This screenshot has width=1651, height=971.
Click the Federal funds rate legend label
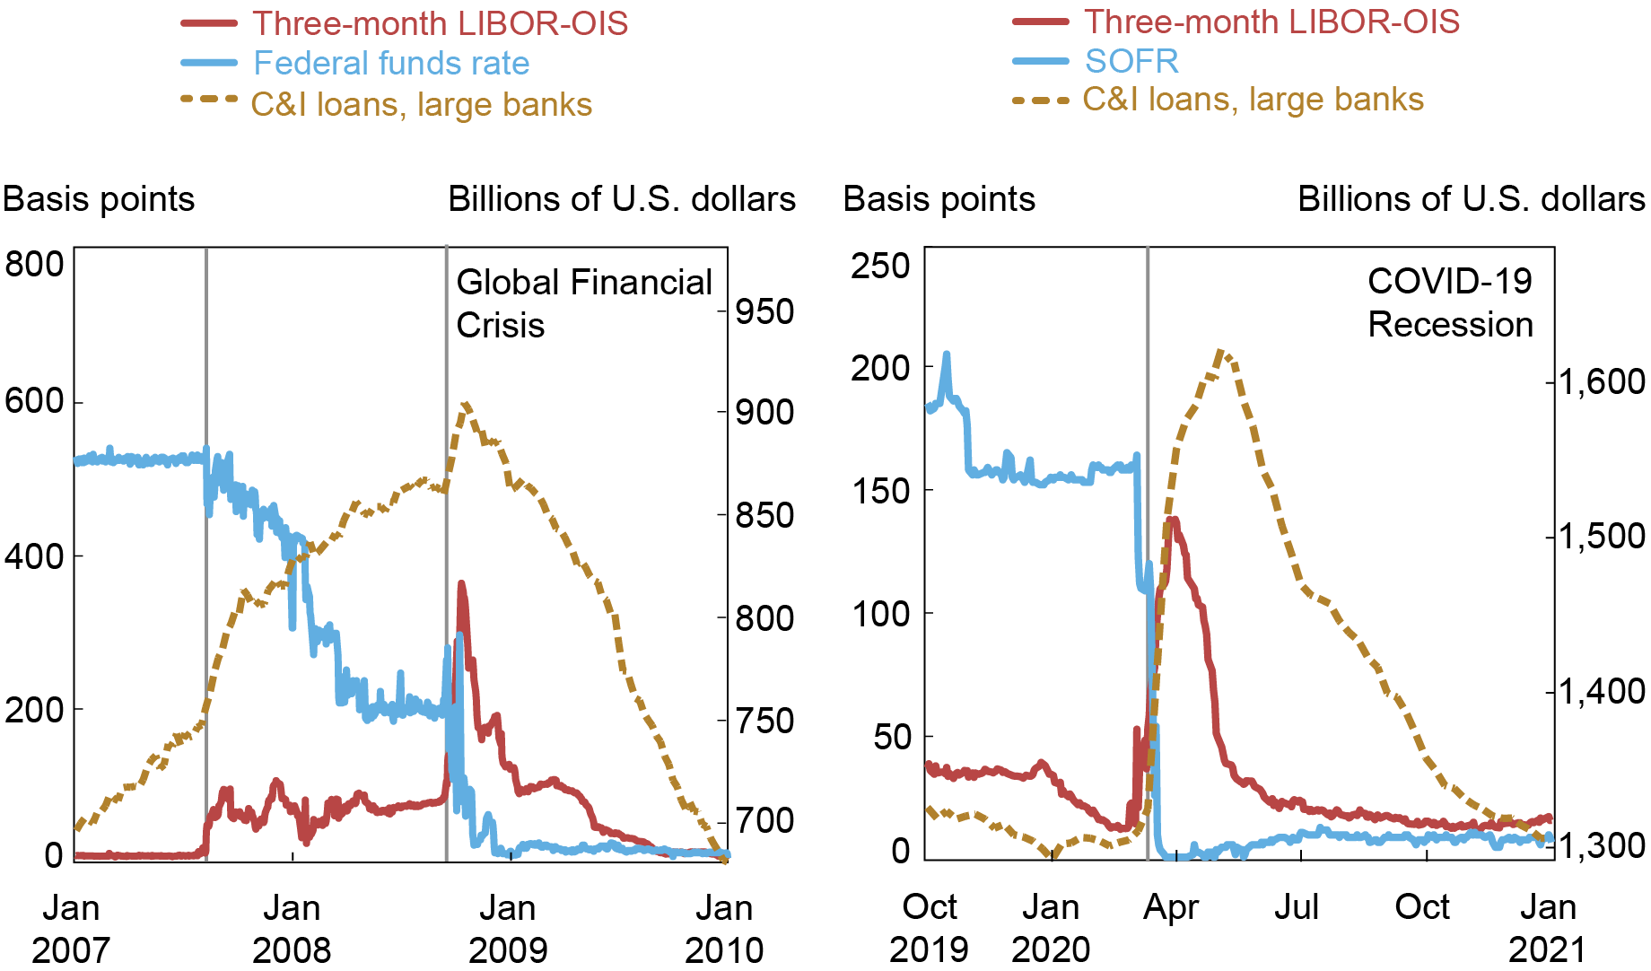tap(391, 64)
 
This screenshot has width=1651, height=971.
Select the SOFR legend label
tap(1131, 61)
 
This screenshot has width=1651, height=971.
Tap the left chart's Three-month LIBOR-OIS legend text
tap(440, 23)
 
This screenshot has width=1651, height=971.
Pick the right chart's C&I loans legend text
tap(1253, 100)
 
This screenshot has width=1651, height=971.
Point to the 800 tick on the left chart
tap(34, 265)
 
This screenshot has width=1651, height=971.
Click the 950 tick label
tap(764, 312)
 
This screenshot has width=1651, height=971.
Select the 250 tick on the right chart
tap(879, 266)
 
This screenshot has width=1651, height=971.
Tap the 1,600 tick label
tap(1602, 381)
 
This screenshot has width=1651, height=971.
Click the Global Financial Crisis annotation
tap(583, 303)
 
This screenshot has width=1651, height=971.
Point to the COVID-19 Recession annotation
tap(1450, 303)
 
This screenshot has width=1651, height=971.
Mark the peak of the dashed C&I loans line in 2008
tap(465, 406)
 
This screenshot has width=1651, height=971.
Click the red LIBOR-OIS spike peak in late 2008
tap(462, 585)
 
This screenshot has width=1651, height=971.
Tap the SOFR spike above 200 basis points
tap(946, 355)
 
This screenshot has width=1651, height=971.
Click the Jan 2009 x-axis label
tap(508, 929)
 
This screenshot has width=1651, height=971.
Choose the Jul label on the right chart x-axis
tap(1297, 908)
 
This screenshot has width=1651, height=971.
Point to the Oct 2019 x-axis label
tap(930, 929)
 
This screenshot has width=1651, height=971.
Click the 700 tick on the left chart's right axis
tap(764, 820)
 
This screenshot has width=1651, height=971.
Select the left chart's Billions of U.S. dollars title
tap(622, 199)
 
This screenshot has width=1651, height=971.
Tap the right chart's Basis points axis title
tap(939, 199)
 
